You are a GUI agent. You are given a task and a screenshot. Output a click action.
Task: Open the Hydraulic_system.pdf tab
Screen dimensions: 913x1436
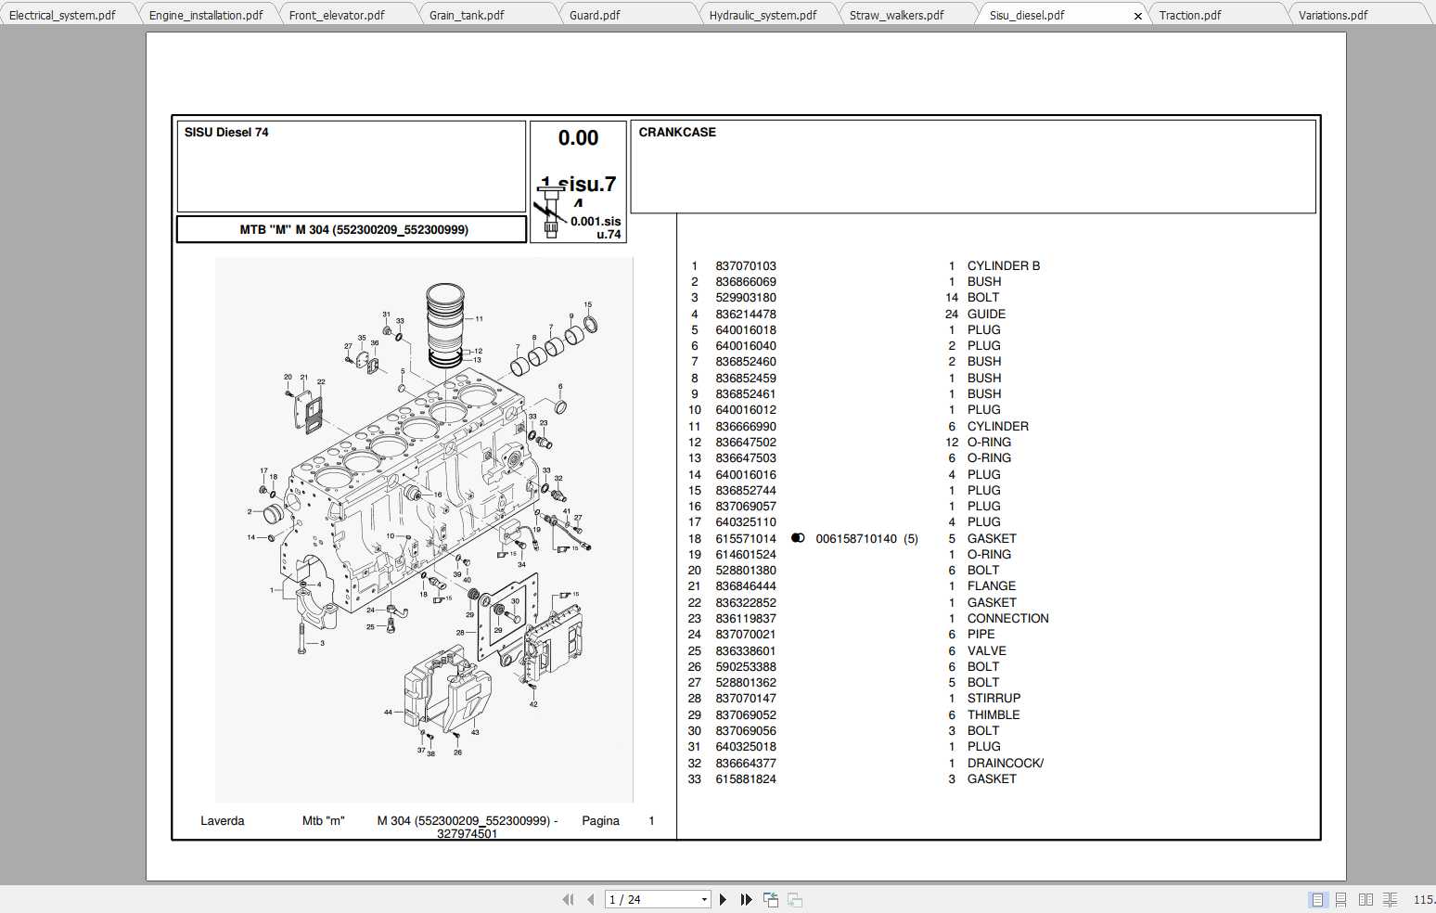(x=763, y=15)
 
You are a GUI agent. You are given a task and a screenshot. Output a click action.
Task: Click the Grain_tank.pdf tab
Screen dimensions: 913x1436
(x=467, y=15)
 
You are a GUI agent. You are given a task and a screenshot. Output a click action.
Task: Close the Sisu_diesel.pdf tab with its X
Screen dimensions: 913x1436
(x=1138, y=16)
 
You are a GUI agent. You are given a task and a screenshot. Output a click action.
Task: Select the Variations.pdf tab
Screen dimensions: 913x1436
(x=1332, y=15)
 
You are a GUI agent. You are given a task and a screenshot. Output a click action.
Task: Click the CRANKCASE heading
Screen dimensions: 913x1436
(x=677, y=133)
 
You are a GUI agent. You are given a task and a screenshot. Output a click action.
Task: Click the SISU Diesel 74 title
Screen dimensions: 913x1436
(x=226, y=133)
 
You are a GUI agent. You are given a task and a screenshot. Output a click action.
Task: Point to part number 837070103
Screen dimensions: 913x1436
(x=745, y=266)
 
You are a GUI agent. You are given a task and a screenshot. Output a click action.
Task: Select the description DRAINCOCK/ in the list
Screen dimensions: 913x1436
(x=1005, y=764)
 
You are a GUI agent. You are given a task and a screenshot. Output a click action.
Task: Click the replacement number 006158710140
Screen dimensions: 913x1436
(x=856, y=539)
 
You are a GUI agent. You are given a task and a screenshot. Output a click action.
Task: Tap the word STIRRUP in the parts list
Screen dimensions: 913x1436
(x=994, y=699)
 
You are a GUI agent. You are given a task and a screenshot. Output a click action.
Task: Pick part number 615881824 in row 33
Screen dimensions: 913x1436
(x=745, y=779)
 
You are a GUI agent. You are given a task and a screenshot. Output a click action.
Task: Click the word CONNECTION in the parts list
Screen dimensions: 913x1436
(x=1007, y=619)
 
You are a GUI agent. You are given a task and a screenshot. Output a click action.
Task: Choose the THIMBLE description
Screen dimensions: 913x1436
(x=994, y=715)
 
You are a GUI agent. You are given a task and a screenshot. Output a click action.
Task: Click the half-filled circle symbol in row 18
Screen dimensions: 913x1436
(x=798, y=538)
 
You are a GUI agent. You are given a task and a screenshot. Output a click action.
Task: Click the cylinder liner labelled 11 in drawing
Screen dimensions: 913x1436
(x=445, y=325)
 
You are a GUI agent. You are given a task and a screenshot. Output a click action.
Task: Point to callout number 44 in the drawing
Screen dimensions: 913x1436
(x=388, y=713)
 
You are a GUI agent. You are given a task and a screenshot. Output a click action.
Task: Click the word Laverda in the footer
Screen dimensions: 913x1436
(x=223, y=821)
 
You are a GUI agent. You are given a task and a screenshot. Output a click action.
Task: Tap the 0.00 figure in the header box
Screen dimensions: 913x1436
(x=578, y=138)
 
